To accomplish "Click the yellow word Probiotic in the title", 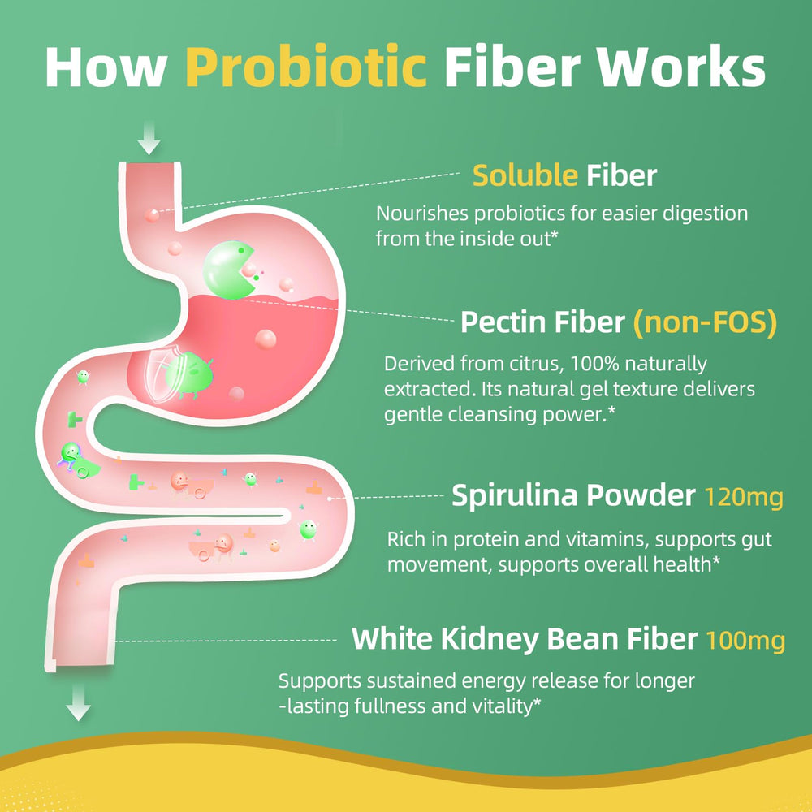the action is pyautogui.click(x=306, y=67).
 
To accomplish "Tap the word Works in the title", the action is pyautogui.click(x=683, y=66).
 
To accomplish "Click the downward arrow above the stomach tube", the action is pyautogui.click(x=149, y=137).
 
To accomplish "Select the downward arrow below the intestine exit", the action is pyautogui.click(x=79, y=702).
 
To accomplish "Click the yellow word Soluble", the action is pyautogui.click(x=525, y=175).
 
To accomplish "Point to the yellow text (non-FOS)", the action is pyautogui.click(x=706, y=322).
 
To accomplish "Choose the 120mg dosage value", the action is pyautogui.click(x=744, y=496).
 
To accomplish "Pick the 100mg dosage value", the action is pyautogui.click(x=745, y=639).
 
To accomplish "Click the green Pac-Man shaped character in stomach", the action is pyautogui.click(x=228, y=270).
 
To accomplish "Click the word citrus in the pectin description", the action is pyautogui.click(x=536, y=364).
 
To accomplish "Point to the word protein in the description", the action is pyautogui.click(x=486, y=540).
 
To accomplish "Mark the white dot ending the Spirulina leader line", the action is pyautogui.click(x=330, y=499).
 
